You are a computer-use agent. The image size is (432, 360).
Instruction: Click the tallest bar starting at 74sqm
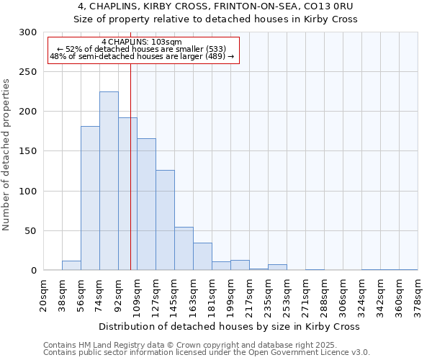point(109,181)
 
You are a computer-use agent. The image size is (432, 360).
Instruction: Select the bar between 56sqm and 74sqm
point(90,198)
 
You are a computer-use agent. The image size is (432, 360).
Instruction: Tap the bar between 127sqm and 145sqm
point(165,220)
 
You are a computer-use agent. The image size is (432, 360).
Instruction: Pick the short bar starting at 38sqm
point(71,266)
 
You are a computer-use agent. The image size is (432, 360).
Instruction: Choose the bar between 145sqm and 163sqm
point(184,248)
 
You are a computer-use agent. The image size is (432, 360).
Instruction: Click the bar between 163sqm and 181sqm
point(202,256)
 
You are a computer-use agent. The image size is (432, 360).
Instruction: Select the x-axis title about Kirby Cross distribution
point(230,326)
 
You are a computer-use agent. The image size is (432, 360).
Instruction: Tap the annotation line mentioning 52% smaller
point(142,49)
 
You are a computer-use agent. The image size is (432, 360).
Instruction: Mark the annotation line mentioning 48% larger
point(142,56)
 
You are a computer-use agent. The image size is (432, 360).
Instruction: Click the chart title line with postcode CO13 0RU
point(216,6)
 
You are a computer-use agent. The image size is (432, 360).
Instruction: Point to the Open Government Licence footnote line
point(207,352)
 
